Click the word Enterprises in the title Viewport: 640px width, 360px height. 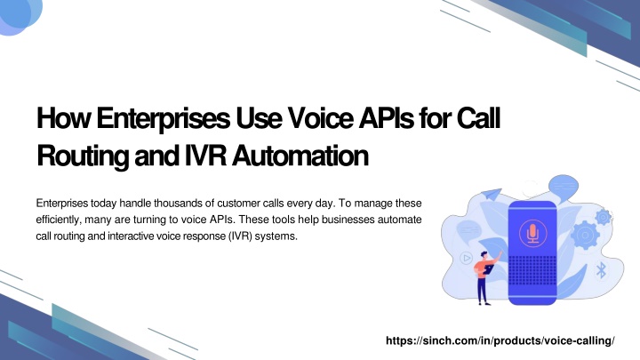point(164,119)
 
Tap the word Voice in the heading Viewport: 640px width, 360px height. point(320,118)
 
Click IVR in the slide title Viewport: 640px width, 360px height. point(205,156)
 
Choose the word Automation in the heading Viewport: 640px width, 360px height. point(300,156)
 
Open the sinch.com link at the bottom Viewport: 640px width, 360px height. point(500,340)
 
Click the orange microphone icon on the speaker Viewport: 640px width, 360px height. point(532,232)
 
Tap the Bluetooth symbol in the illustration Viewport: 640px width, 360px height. point(601,270)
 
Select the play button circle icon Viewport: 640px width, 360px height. point(466,258)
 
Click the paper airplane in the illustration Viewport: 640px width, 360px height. point(492,195)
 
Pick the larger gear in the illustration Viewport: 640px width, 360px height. point(585,235)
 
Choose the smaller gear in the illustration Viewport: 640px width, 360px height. point(604,217)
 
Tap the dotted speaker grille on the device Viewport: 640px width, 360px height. point(532,271)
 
